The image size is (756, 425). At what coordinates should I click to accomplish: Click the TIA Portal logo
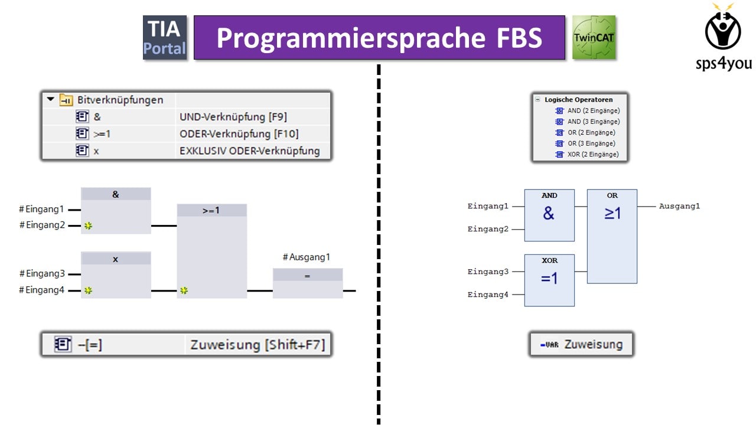point(165,37)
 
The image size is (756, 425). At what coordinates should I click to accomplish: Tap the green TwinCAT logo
point(594,37)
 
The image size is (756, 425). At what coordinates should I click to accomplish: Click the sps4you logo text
point(724,64)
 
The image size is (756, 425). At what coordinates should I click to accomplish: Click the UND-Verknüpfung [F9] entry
point(233,117)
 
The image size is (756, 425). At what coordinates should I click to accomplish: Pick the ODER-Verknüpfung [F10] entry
point(239,134)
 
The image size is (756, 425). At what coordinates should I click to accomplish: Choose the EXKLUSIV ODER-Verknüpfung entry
point(249,151)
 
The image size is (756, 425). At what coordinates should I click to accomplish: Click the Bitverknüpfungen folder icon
point(66,100)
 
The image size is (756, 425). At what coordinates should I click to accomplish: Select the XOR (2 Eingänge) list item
point(593,155)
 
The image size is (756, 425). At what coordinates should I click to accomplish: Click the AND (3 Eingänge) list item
point(594,122)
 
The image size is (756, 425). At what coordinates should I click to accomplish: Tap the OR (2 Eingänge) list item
point(591,133)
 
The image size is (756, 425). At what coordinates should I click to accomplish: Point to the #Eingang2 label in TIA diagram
point(42,225)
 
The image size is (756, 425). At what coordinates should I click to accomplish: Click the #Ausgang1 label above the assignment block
point(307,257)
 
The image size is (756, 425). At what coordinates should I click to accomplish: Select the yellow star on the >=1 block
point(184,290)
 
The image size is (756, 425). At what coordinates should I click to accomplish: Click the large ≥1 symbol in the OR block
point(612,213)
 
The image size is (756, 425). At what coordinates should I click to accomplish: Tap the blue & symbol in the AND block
point(549,213)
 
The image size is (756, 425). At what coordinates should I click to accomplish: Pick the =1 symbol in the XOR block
point(549,278)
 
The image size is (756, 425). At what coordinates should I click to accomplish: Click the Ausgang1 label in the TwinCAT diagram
point(679,206)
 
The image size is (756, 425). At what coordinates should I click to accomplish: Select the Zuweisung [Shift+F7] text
point(258,345)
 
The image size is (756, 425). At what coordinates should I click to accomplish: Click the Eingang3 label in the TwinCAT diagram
point(488,272)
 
